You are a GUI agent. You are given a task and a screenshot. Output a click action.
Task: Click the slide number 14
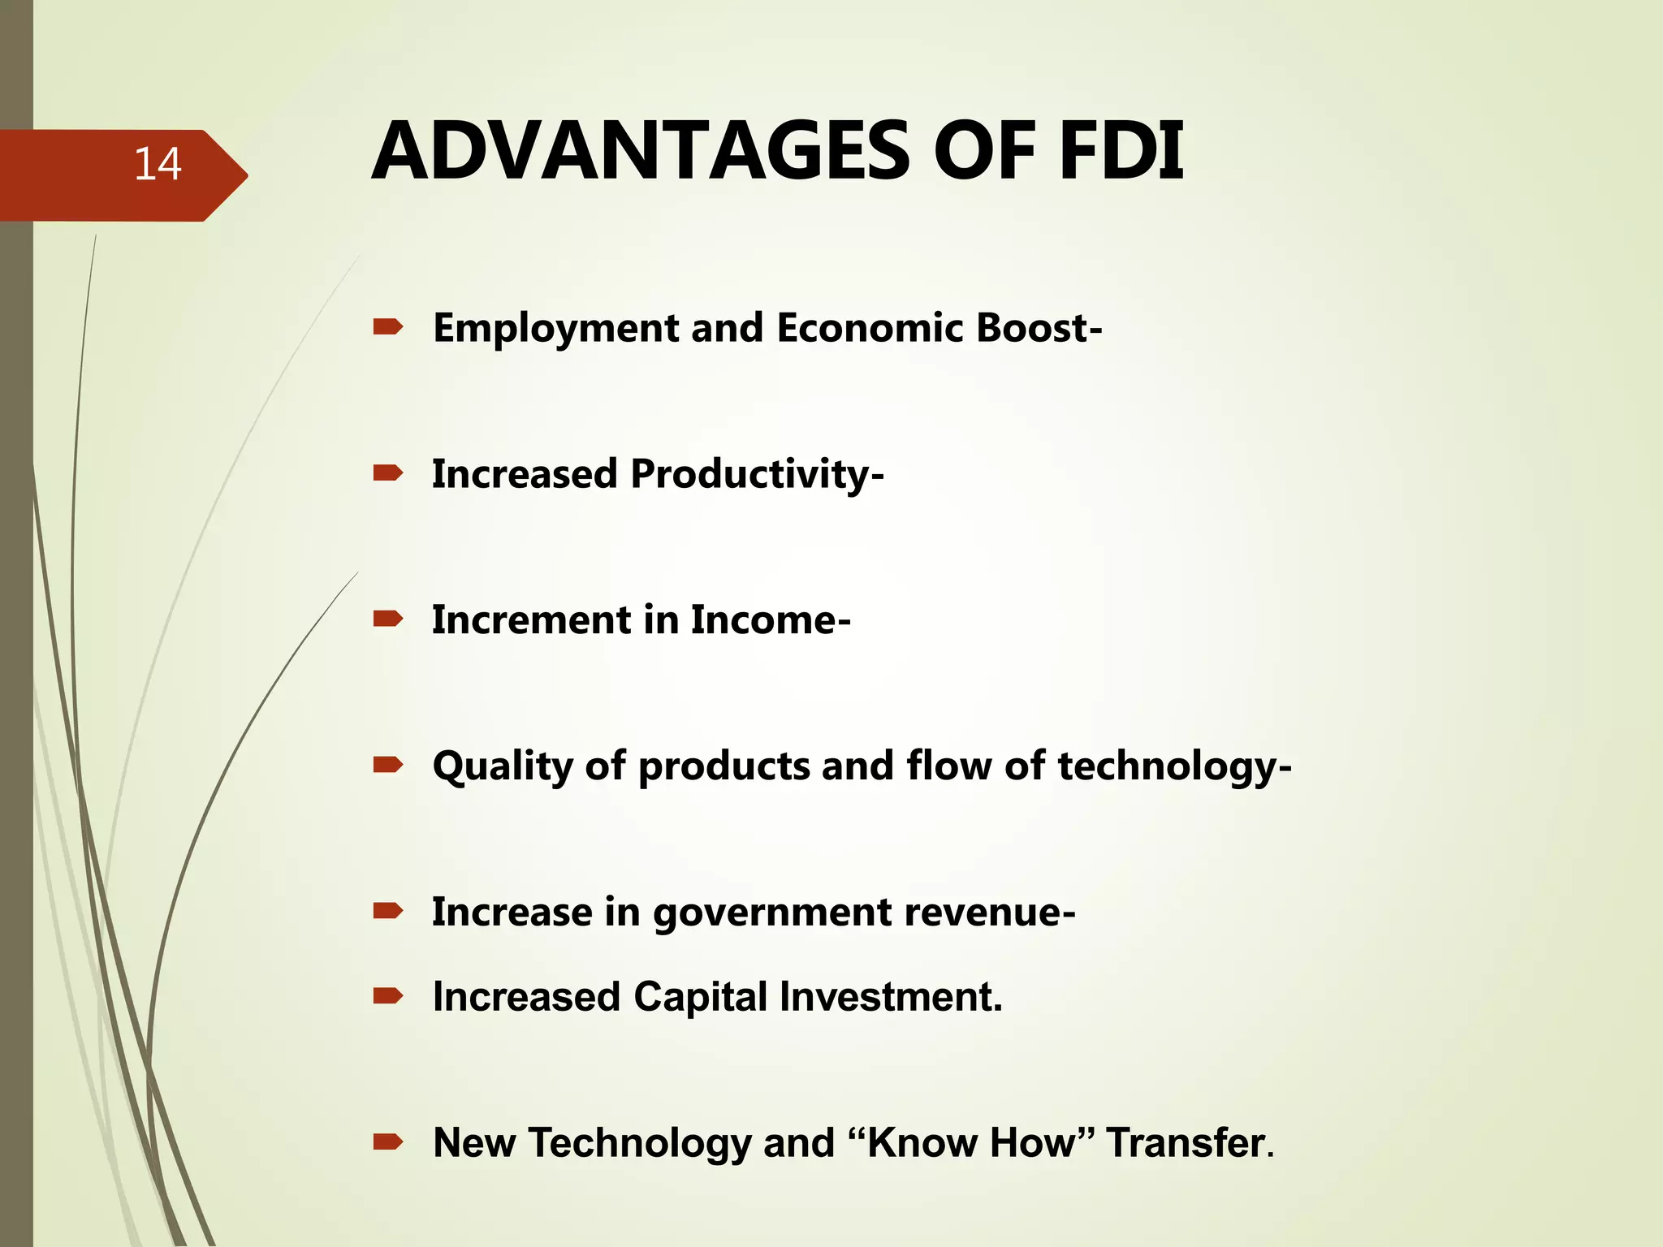[x=158, y=164]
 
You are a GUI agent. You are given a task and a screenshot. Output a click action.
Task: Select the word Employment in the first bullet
[x=555, y=329]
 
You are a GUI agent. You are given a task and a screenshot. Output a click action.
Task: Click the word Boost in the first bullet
[x=1033, y=328]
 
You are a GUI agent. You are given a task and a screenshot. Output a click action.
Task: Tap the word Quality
[x=503, y=767]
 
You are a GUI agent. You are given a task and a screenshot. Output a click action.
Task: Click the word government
[x=771, y=913]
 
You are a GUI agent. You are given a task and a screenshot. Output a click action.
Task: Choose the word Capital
[x=700, y=998]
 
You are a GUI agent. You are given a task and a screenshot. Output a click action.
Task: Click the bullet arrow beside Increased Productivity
[x=387, y=473]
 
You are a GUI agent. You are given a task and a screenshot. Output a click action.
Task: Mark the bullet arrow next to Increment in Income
[x=387, y=619]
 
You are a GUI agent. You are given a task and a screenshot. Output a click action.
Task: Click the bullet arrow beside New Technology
[x=387, y=1142]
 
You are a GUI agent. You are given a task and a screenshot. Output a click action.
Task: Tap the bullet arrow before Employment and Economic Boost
[x=387, y=327]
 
